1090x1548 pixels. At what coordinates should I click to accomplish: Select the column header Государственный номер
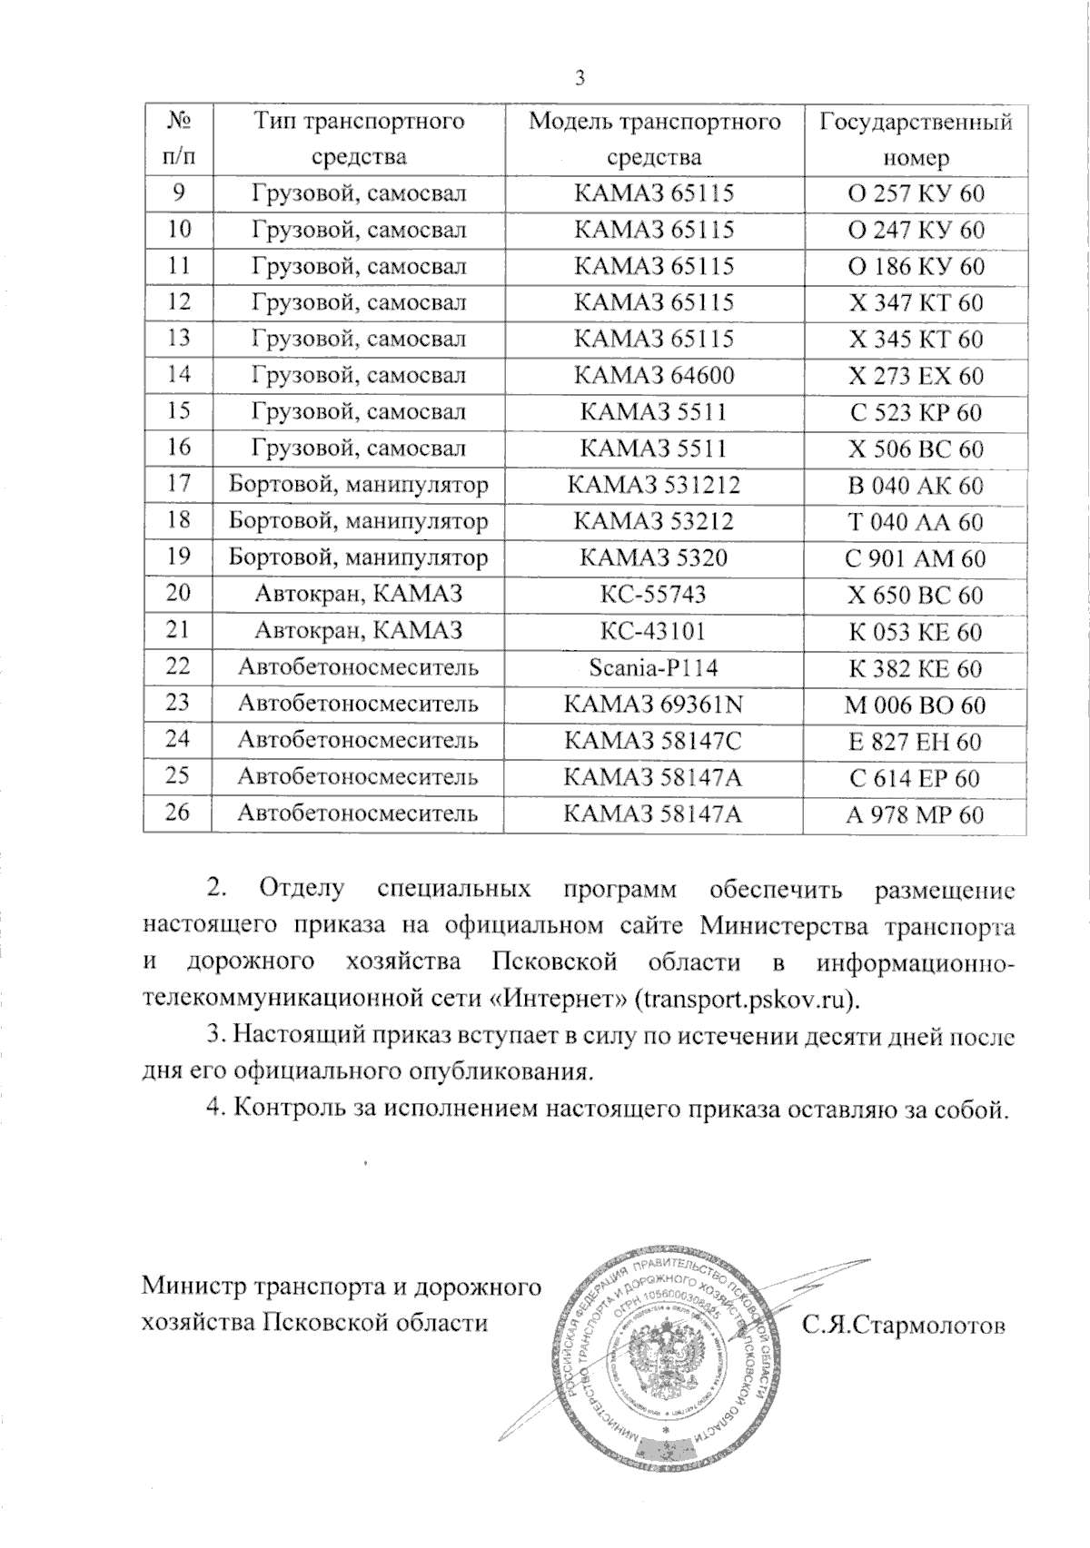pyautogui.click(x=916, y=139)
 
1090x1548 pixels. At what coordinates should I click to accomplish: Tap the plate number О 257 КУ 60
pyautogui.click(x=916, y=193)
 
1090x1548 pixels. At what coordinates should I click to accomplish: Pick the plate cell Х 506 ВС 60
pyautogui.click(x=916, y=449)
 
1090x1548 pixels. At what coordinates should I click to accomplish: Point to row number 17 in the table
pyautogui.click(x=179, y=484)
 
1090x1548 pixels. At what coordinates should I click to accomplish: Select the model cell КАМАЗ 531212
pyautogui.click(x=654, y=485)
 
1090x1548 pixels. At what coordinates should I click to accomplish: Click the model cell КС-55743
pyautogui.click(x=654, y=594)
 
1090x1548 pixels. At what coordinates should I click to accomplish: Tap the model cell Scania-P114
pyautogui.click(x=654, y=667)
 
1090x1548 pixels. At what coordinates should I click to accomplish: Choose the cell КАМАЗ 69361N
pyautogui.click(x=654, y=705)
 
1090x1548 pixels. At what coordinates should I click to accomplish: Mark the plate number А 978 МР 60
pyautogui.click(x=916, y=814)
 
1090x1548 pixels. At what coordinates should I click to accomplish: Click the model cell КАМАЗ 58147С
pyautogui.click(x=654, y=741)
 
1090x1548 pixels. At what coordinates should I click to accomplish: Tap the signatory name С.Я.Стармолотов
pyautogui.click(x=904, y=1326)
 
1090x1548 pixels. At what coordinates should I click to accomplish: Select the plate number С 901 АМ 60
pyautogui.click(x=916, y=558)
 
